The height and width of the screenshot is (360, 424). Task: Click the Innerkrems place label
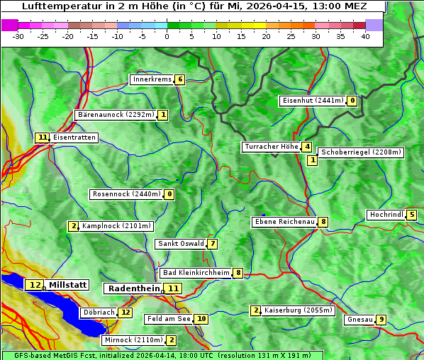click(x=152, y=79)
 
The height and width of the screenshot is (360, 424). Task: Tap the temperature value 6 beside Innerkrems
click(x=180, y=79)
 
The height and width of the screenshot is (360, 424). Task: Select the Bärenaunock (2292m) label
click(x=114, y=115)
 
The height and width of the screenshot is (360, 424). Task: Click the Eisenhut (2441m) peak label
click(x=313, y=101)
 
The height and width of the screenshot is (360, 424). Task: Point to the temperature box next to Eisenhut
click(x=352, y=101)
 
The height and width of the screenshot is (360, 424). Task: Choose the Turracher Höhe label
click(x=271, y=147)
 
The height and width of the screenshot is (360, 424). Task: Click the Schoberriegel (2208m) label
click(x=361, y=152)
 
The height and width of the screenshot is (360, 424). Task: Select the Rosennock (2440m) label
click(x=126, y=193)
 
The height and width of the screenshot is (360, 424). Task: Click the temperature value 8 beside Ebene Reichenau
click(x=323, y=222)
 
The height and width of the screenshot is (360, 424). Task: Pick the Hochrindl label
click(x=386, y=215)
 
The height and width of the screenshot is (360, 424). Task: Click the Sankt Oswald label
click(x=180, y=244)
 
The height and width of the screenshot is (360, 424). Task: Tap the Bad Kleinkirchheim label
click(x=196, y=273)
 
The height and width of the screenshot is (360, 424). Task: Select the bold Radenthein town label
click(x=133, y=288)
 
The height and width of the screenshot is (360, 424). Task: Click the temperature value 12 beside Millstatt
click(x=35, y=285)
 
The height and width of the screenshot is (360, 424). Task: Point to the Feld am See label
click(x=169, y=319)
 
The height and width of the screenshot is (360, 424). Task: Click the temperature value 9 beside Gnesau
click(x=381, y=320)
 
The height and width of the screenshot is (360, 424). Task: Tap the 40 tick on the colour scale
click(x=365, y=36)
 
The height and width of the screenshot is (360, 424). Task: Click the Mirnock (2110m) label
click(x=132, y=340)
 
